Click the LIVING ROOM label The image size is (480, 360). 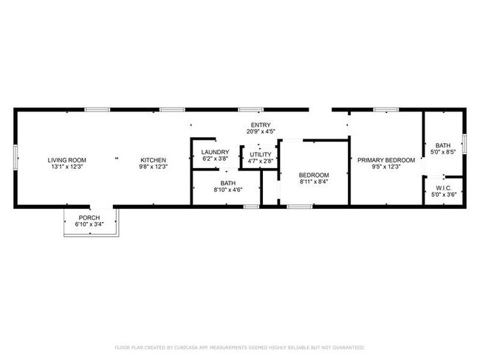click(67, 160)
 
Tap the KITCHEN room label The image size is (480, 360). click(154, 160)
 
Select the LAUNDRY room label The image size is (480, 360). click(215, 152)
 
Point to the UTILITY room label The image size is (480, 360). click(261, 154)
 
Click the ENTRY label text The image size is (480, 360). click(261, 125)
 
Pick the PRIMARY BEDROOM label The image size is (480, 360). click(386, 160)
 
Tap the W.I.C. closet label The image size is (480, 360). click(443, 187)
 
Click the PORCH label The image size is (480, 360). click(89, 218)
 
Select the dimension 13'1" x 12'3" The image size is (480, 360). click(67, 167)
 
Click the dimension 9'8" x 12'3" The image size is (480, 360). click(154, 167)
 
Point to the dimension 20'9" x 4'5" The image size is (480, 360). click(261, 131)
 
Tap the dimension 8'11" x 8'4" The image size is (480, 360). click(314, 181)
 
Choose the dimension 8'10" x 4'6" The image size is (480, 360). click(227, 190)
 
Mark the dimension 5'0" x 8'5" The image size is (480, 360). click(443, 152)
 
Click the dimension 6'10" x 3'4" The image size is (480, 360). click(89, 224)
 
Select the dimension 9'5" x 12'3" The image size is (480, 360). click(386, 167)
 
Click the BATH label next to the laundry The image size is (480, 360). click(227, 183)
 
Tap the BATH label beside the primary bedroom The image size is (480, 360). click(443, 145)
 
